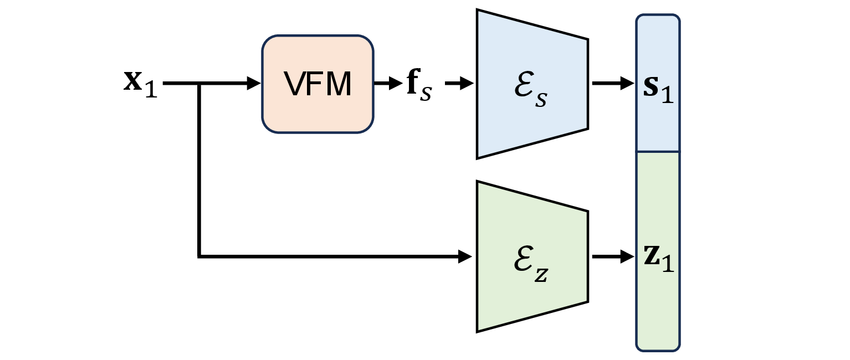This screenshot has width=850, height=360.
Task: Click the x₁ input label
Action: [x=140, y=85]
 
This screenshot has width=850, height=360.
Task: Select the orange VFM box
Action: [x=318, y=84]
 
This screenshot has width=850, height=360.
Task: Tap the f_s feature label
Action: [x=418, y=85]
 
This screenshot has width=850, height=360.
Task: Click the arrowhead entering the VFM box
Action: [x=254, y=84]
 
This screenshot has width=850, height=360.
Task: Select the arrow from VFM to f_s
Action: [x=388, y=84]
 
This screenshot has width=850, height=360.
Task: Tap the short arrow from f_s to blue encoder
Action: [x=459, y=84]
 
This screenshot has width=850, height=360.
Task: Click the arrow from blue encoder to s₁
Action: [x=613, y=84]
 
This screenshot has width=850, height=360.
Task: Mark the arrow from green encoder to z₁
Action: [x=613, y=257]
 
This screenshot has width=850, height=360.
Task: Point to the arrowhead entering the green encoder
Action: [x=465, y=256]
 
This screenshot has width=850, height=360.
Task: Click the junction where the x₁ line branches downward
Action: [x=199, y=84]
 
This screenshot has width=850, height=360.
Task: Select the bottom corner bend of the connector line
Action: [x=199, y=256]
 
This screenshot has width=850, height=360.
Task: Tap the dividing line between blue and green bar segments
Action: [x=658, y=151]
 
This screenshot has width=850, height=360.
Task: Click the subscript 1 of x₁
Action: [x=151, y=90]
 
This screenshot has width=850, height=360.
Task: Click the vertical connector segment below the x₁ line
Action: [x=199, y=172]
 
